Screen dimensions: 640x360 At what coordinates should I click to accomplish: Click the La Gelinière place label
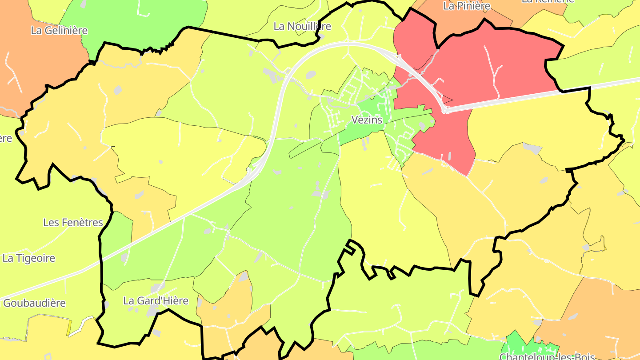59,31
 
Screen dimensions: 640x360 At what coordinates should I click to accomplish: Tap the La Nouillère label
302,26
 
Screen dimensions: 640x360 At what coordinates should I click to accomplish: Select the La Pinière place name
467,6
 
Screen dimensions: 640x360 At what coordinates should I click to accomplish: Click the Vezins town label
367,120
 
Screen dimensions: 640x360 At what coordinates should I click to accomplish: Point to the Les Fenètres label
73,222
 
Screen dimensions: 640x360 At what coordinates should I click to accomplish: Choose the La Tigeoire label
29,258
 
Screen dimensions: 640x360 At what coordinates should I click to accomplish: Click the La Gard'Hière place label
156,301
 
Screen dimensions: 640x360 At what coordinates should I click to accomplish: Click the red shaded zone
489,67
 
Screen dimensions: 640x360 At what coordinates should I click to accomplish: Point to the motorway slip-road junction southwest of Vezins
253,171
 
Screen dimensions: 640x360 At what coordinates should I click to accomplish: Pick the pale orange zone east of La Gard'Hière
227,307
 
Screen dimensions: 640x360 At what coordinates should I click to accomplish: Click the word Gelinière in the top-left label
66,31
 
